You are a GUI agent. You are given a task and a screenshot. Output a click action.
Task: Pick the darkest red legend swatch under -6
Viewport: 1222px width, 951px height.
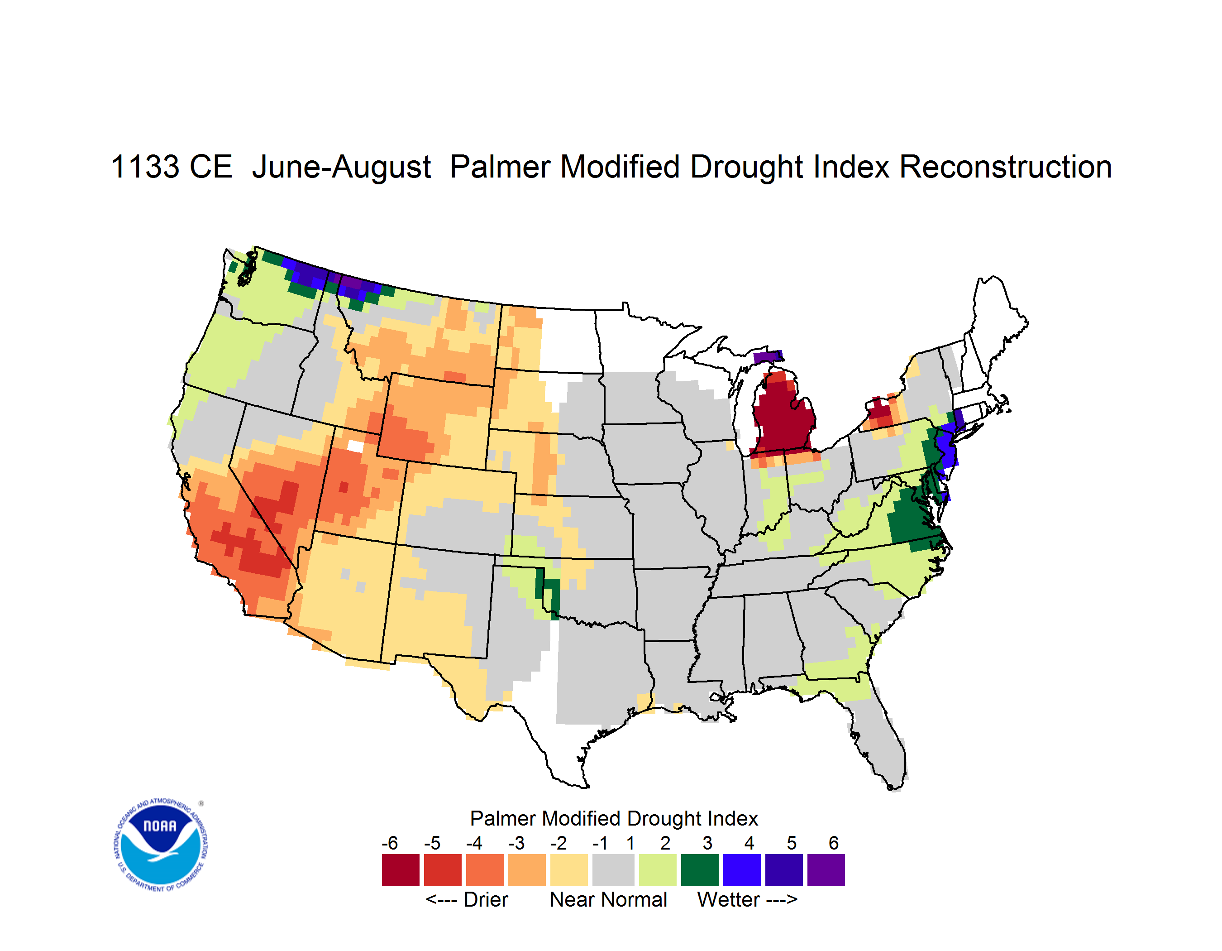tap(401, 870)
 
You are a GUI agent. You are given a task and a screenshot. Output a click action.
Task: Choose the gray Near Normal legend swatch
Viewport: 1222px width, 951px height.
tap(613, 870)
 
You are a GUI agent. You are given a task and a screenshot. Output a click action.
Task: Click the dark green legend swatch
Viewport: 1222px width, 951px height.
tap(699, 870)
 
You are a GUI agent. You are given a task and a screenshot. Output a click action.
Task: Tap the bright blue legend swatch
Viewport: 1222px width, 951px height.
tap(742, 870)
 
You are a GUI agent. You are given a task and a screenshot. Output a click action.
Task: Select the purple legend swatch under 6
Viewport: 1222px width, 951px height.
tap(826, 870)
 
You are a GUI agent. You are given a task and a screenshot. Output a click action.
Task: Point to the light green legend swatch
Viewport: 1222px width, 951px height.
tap(658, 870)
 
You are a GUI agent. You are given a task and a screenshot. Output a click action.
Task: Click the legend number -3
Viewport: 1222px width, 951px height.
tap(516, 842)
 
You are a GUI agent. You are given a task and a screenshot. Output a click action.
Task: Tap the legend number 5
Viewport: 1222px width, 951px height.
tap(791, 842)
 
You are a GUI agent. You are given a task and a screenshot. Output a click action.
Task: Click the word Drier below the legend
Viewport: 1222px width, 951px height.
tap(486, 899)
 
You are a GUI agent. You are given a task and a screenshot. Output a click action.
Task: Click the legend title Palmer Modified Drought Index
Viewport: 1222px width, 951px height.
tap(614, 818)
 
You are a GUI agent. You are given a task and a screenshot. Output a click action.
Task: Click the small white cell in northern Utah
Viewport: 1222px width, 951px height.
tap(355, 446)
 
